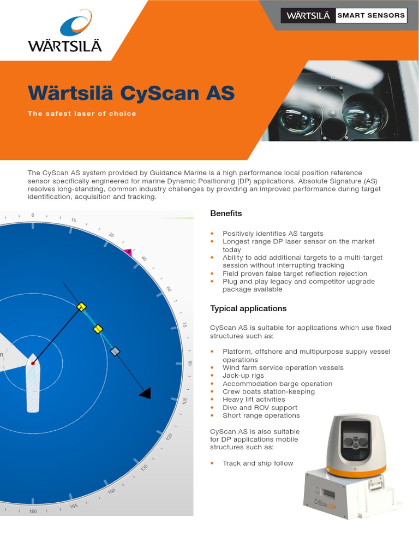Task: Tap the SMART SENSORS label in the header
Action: (371, 15)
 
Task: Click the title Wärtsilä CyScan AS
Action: (131, 93)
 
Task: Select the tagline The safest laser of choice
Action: (82, 114)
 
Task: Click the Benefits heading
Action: (226, 213)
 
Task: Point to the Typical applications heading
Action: (248, 308)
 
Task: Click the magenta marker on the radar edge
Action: (128, 252)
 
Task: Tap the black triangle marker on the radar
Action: (145, 393)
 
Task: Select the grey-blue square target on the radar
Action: (115, 352)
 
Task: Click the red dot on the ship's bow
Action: (33, 363)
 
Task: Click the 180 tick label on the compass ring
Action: (32, 512)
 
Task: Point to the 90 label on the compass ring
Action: (190, 363)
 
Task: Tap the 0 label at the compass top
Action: (33, 215)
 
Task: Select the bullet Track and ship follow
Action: (258, 463)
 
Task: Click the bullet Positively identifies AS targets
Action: (273, 234)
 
